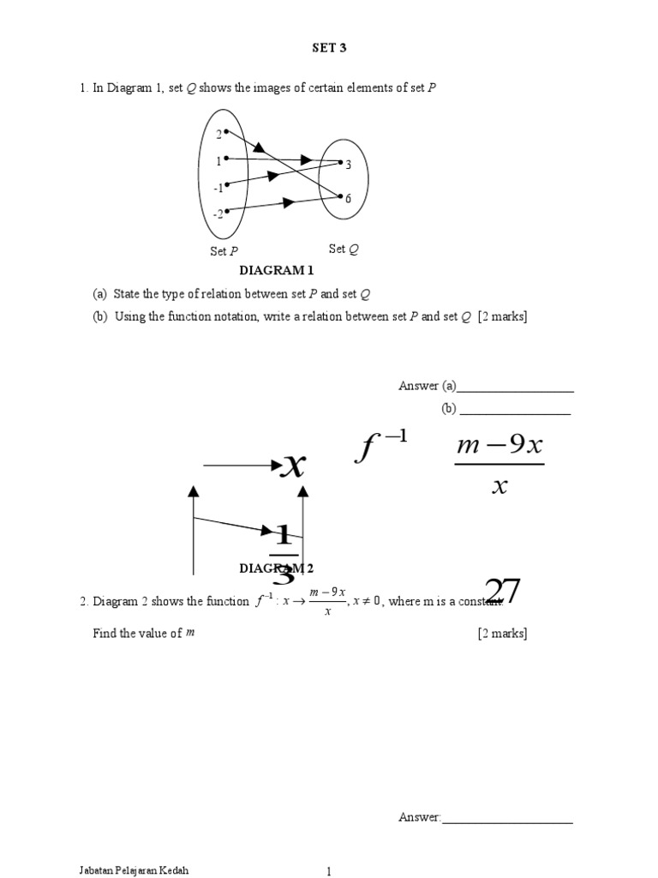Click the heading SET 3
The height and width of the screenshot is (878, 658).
[x=329, y=49]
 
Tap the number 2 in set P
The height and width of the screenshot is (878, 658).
[x=218, y=134]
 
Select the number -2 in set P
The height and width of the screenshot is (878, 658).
[x=218, y=213]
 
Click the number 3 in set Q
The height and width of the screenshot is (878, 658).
[x=349, y=165]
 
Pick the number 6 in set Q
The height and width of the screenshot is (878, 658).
[x=348, y=199]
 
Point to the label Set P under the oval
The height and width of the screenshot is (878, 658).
[x=224, y=251]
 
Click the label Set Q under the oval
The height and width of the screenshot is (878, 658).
[x=344, y=250]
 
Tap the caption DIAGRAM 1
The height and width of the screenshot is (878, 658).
[x=277, y=271]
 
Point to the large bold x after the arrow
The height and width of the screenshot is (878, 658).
[x=294, y=466]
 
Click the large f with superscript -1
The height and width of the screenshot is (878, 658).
[x=380, y=447]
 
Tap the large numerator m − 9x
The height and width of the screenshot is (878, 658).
[x=499, y=447]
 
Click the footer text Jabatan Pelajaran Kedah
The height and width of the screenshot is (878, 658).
[x=133, y=870]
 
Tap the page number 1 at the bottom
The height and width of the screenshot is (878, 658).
[x=328, y=872]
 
